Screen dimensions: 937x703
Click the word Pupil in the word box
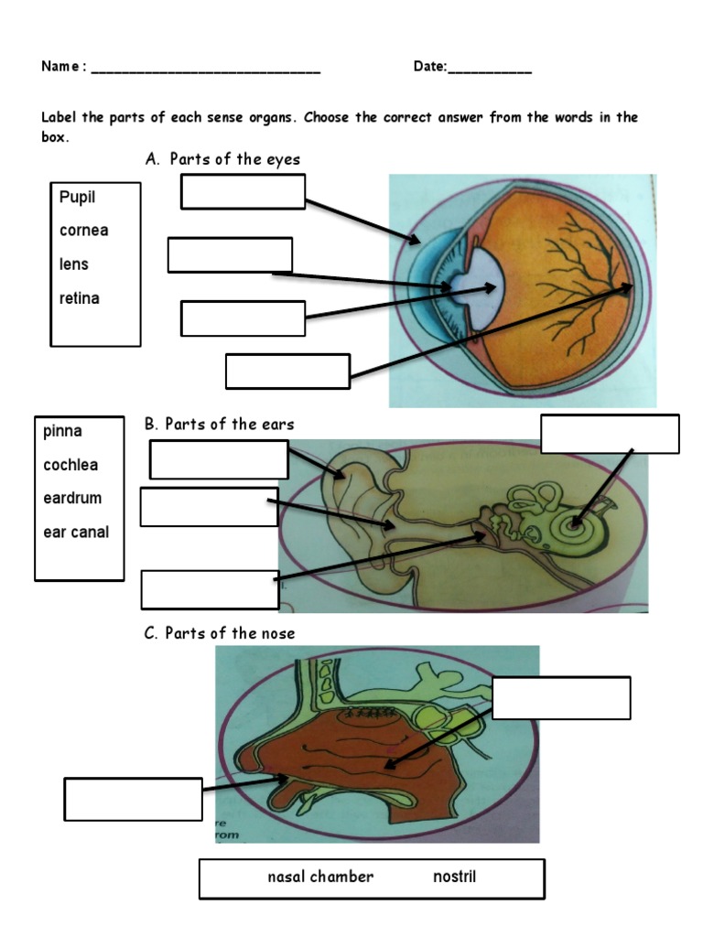tap(77, 198)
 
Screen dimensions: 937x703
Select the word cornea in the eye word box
tap(83, 231)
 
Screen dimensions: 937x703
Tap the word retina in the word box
tap(80, 298)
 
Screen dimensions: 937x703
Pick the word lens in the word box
tap(74, 264)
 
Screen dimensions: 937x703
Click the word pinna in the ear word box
tap(62, 431)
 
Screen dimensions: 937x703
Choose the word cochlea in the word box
tap(70, 465)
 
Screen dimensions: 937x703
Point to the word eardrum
tap(72, 499)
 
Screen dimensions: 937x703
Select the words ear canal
tap(76, 533)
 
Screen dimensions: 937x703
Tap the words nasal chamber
tap(320, 877)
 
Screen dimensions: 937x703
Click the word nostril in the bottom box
tap(454, 877)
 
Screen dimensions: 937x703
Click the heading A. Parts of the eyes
tap(222, 159)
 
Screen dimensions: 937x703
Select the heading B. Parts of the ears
tap(220, 425)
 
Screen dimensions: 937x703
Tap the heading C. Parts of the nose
tap(220, 633)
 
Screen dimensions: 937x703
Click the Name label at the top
tap(63, 67)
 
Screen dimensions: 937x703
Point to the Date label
tap(429, 67)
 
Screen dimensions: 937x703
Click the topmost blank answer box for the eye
tap(243, 191)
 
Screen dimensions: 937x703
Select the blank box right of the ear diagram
tap(610, 434)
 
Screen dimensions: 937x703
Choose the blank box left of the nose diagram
tap(133, 799)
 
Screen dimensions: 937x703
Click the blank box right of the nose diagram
tap(561, 698)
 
